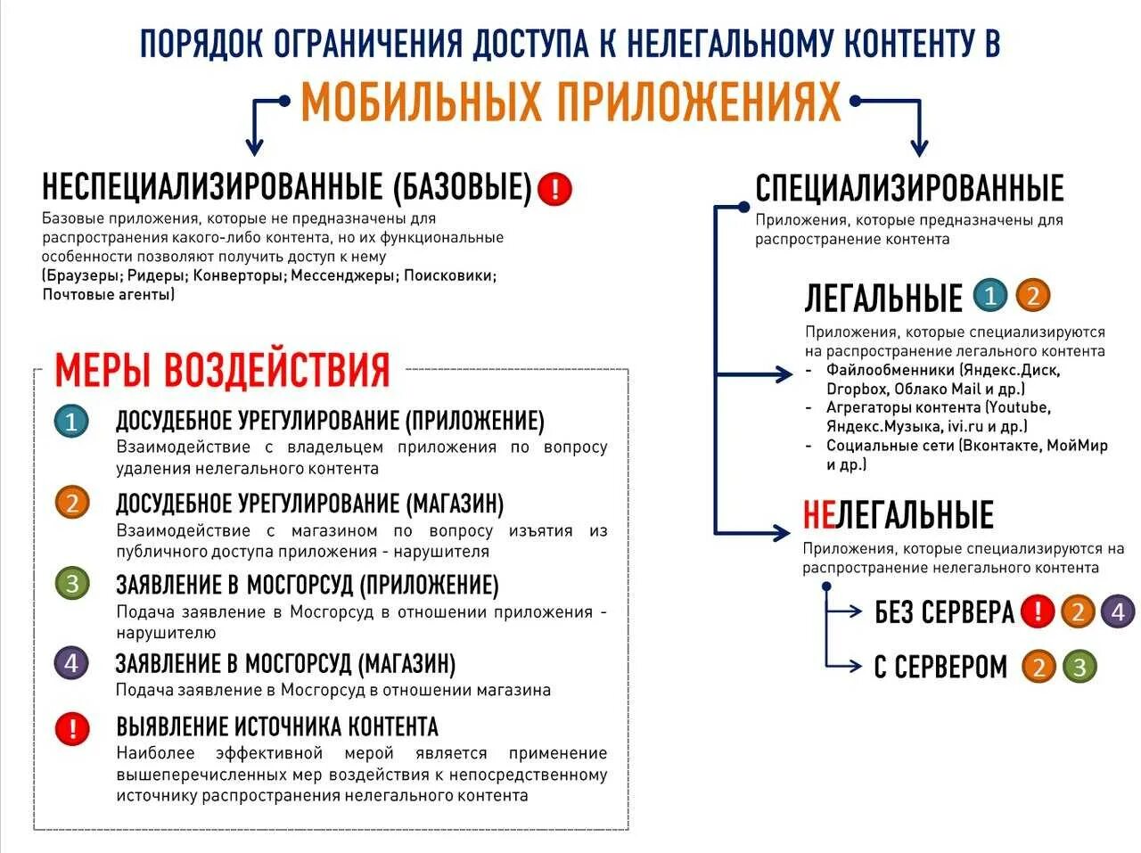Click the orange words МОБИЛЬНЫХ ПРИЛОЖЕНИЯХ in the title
coord(570,103)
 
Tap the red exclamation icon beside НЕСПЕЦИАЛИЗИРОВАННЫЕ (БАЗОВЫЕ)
coord(555,188)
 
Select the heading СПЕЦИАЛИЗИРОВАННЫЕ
coord(909,188)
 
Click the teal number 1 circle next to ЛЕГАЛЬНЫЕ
coord(989,295)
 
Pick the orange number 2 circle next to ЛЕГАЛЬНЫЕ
coord(1033,295)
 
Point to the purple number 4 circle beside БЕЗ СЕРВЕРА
coord(1118,611)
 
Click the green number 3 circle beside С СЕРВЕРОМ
coord(1079,667)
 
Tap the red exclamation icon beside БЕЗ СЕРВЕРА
coord(1037,611)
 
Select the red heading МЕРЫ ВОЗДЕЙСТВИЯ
coord(223,369)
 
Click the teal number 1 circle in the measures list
coord(72,421)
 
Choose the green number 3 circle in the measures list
coord(72,584)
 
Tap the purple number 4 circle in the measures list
coord(72,663)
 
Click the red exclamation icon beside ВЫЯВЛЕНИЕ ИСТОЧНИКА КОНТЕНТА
coord(72,728)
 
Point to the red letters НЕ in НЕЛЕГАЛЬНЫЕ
coord(818,515)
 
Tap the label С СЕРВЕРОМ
coord(940,667)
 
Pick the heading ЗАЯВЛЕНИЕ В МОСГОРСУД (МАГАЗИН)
coord(285,664)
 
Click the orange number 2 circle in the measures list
coord(72,503)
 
